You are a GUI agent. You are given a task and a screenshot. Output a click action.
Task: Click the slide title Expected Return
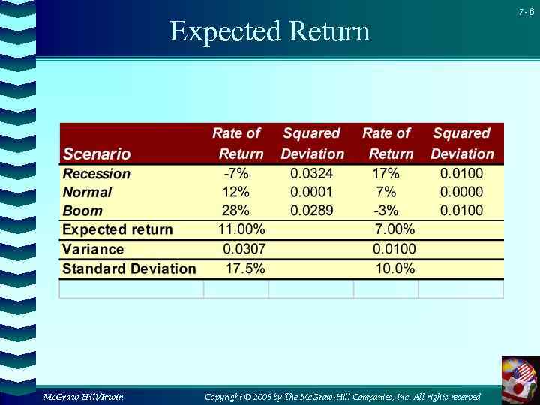coord(270,31)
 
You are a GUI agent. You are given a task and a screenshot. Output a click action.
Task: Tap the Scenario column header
coord(97,154)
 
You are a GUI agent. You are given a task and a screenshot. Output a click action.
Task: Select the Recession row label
coord(97,174)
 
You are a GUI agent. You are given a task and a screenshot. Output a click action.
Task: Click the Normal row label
coord(88,193)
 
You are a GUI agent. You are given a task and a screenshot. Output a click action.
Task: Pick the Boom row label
coord(82,211)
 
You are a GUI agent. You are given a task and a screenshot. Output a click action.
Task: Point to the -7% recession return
coord(236,174)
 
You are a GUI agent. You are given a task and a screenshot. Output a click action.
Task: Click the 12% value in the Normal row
coord(235,193)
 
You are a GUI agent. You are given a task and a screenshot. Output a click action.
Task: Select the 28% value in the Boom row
coord(235,211)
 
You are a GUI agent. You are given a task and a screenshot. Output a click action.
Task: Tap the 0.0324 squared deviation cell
coord(312,174)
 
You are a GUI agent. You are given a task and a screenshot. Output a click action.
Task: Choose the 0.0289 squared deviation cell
coord(312,211)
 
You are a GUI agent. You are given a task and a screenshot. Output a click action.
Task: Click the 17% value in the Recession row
coord(386,174)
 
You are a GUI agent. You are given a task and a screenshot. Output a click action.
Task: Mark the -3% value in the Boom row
coord(386,211)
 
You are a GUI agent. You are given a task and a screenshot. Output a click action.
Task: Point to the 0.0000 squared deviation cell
coord(462,193)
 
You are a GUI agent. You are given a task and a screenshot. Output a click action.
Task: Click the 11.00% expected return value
coord(241,229)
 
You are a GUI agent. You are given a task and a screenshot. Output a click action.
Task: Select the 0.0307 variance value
coord(244,249)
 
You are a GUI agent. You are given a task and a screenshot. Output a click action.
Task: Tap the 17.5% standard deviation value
coord(245,268)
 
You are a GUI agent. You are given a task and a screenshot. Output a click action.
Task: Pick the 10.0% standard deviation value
coord(395,268)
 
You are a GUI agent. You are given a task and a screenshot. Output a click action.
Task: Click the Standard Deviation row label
coord(129,268)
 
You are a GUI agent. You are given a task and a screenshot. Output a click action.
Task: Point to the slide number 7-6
coord(526,12)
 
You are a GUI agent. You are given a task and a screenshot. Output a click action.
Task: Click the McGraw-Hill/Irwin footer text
coord(83,396)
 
